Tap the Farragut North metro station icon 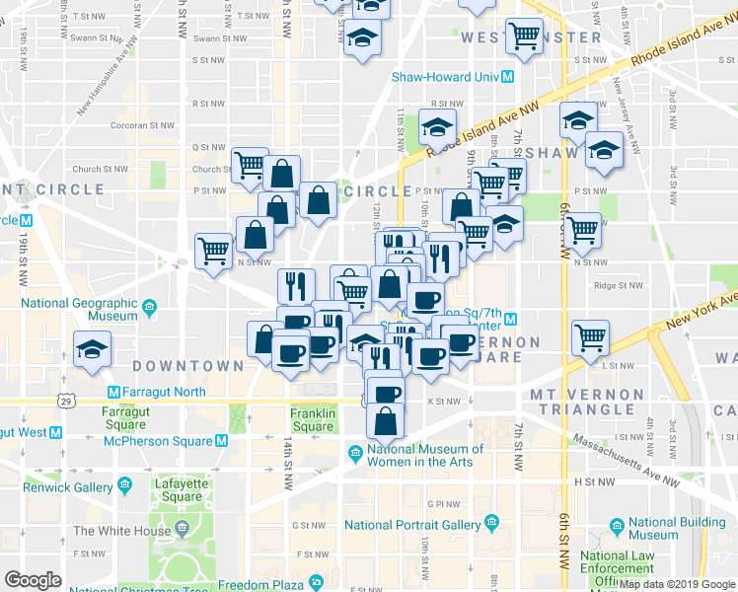[112, 392]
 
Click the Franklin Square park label [313, 419]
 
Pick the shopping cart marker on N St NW [213, 253]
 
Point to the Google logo [34, 580]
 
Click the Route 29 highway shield [66, 402]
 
